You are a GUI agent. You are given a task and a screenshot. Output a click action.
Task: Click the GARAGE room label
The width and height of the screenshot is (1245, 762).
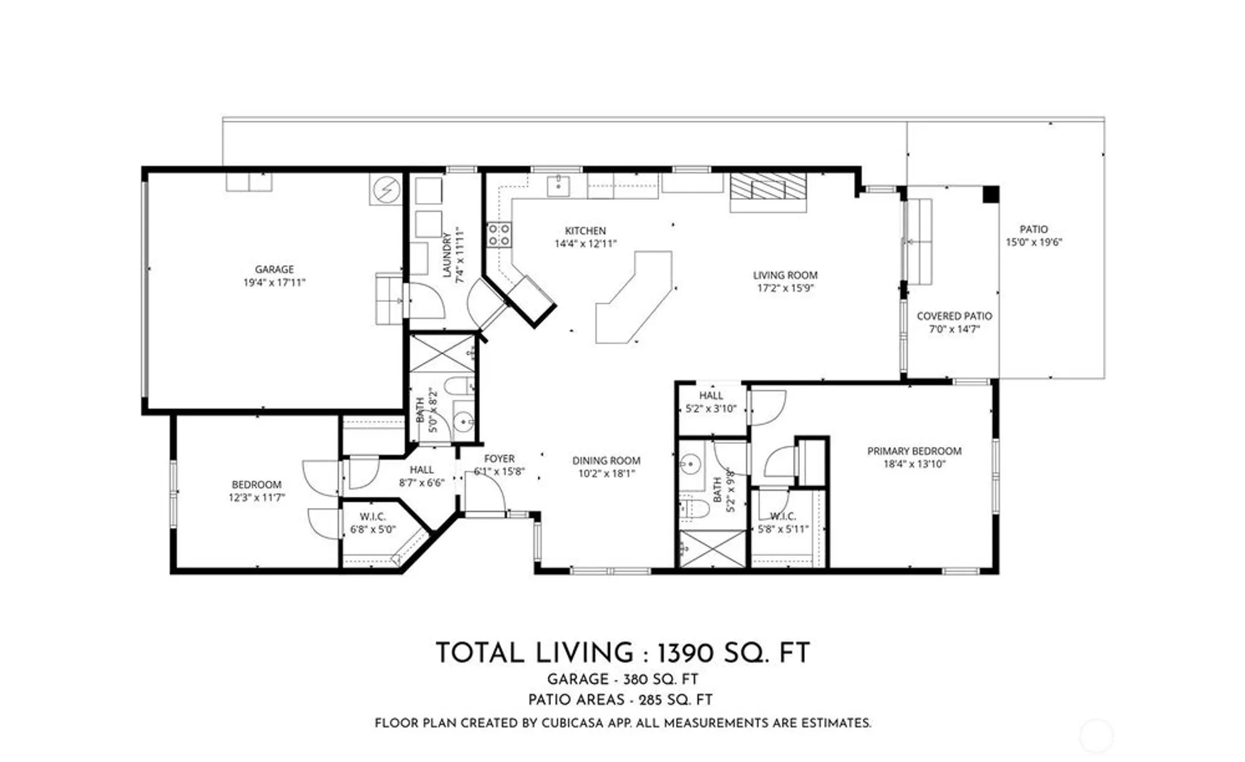coord(274,269)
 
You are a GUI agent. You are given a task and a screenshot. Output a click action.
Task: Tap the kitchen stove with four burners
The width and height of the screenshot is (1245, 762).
coord(499,235)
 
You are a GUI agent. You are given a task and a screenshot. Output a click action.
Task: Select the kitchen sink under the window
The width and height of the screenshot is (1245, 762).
coord(558,185)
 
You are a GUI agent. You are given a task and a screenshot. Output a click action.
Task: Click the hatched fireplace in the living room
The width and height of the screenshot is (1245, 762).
coord(768,186)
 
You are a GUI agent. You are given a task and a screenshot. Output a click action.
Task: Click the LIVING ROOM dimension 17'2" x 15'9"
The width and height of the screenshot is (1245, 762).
coord(785,288)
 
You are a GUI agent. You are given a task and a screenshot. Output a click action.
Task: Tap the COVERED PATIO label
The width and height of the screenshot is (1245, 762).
coord(954,316)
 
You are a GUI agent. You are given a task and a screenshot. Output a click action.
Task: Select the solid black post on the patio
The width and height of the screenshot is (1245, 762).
coord(990,194)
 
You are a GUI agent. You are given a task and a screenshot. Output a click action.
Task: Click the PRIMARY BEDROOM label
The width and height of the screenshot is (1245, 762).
coord(914,451)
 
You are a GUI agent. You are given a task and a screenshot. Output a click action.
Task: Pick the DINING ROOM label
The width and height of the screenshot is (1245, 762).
coord(606,461)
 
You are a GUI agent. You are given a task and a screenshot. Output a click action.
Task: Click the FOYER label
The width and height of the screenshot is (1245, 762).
coord(499,459)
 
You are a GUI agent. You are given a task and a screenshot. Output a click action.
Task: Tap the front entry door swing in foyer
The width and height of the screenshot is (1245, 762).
coord(486,492)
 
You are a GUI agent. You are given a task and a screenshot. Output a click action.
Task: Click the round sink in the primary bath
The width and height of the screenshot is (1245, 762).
coord(690,464)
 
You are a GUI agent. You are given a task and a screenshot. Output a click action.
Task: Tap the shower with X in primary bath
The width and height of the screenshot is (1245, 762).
coord(712,548)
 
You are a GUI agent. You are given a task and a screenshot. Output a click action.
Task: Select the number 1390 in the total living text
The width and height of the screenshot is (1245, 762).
coord(686,654)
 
